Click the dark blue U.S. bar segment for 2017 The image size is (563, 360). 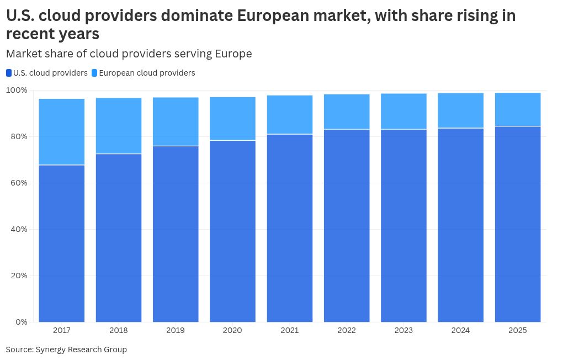pos(62,243)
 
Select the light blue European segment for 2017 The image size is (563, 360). pos(62,131)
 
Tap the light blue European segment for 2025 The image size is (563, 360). pos(518,109)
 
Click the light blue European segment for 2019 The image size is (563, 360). pos(176,121)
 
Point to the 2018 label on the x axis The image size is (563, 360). pos(119,330)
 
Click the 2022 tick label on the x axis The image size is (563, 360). pos(347,330)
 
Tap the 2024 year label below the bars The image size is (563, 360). pos(460,330)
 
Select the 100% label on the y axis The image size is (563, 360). pos(17,90)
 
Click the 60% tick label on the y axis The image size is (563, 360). pos(19,183)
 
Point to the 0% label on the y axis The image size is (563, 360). pos(22,322)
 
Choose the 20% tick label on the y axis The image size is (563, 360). pos(19,276)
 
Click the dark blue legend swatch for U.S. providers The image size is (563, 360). pos(9,73)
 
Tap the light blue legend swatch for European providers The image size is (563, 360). pos(94,73)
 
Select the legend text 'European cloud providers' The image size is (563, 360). pos(147,73)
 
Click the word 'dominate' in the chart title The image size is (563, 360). pos(195,15)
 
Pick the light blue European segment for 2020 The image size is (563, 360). pos(232,119)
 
